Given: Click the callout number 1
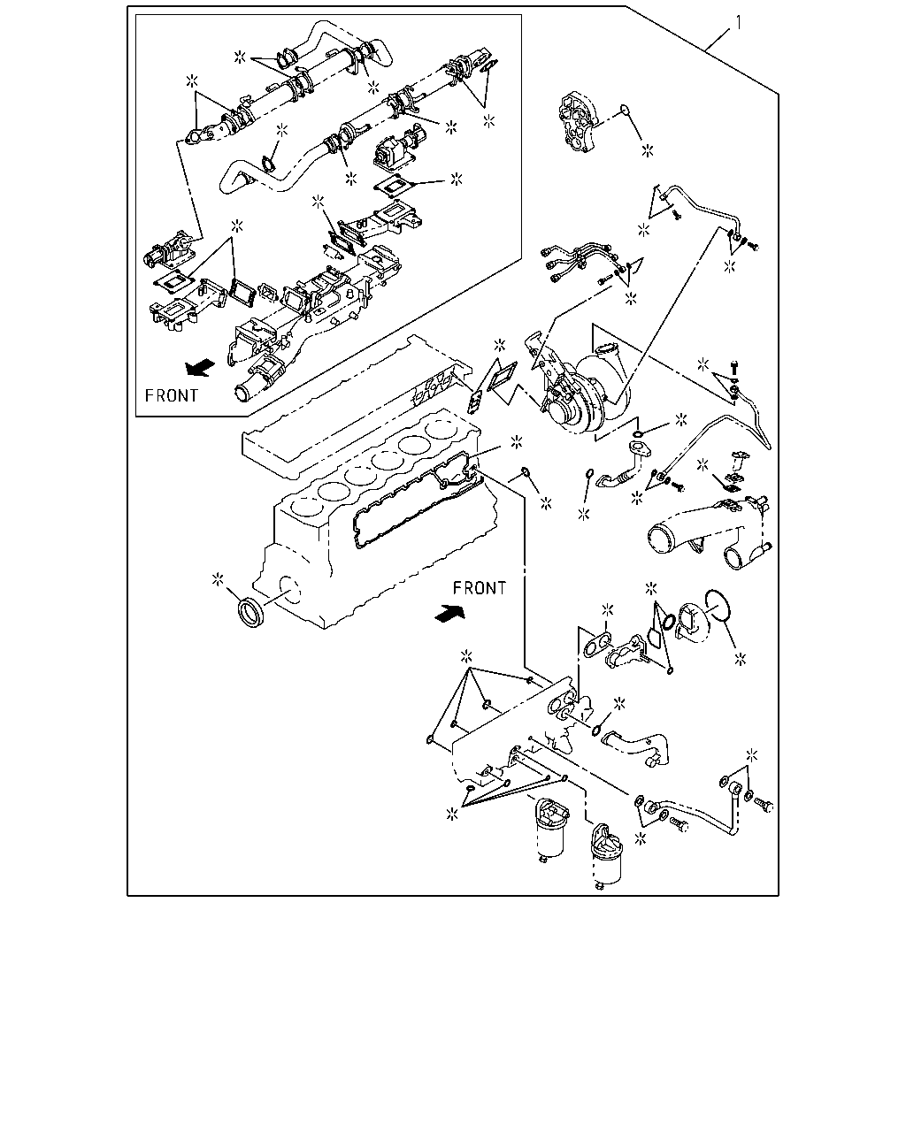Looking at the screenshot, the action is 739,23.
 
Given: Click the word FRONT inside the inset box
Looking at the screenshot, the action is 172,395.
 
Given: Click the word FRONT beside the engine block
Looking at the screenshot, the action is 480,587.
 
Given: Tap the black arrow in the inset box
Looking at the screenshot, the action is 200,367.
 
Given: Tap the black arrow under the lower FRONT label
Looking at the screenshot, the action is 449,614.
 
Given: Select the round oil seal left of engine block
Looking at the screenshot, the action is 251,612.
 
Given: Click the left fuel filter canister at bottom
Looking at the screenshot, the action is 550,831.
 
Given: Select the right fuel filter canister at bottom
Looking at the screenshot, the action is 606,857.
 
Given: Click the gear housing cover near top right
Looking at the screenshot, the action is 578,122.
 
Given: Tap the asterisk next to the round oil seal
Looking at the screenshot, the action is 218,579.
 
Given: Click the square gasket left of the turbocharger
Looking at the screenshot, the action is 503,377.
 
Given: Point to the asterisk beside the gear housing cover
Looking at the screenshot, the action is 648,151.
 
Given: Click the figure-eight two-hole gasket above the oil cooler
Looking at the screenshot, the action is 597,645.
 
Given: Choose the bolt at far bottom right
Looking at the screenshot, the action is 764,803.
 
